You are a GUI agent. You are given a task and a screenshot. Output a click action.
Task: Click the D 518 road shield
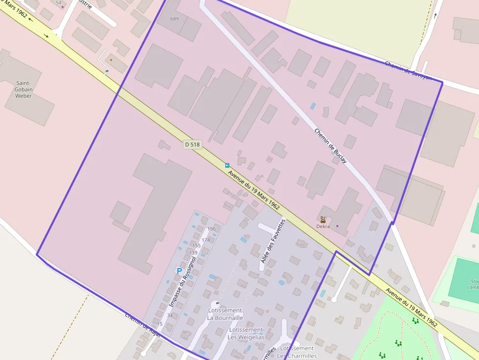click(x=193, y=145)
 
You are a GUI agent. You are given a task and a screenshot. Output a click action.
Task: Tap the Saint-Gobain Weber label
click(x=23, y=89)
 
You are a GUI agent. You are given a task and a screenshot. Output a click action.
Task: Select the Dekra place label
click(x=323, y=226)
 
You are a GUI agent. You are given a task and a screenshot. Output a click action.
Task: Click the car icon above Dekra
click(x=323, y=219)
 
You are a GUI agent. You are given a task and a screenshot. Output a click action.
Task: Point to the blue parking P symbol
click(x=179, y=271)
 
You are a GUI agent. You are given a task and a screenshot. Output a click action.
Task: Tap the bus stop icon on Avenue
click(x=227, y=166)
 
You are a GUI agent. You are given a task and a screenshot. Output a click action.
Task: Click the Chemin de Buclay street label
click(x=331, y=146)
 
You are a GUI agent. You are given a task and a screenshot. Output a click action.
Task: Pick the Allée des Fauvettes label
click(x=272, y=241)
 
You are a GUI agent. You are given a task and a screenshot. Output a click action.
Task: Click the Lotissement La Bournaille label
click(x=225, y=314)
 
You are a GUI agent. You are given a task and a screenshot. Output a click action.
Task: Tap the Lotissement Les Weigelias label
click(x=246, y=333)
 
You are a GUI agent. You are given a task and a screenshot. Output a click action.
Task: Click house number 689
click(x=174, y=19)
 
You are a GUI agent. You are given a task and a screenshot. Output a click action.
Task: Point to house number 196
click(x=212, y=229)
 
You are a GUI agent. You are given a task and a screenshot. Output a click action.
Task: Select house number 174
click(x=206, y=240)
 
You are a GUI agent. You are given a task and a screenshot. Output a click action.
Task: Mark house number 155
click(x=196, y=246)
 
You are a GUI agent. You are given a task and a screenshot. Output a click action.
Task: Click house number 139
click(x=193, y=253)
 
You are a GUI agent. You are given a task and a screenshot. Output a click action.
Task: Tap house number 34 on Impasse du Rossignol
click(x=170, y=315)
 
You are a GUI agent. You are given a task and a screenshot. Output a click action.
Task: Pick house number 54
click(x=59, y=2)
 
